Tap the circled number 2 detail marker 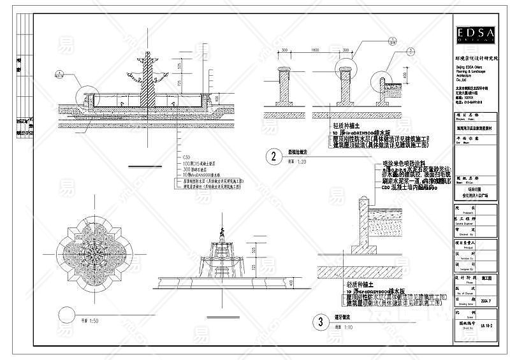pyautogui.click(x=274, y=156)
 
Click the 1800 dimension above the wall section pyautogui.click(x=314, y=50)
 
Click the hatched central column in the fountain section pyautogui.click(x=148, y=83)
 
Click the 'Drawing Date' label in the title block pyautogui.click(x=461, y=305)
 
